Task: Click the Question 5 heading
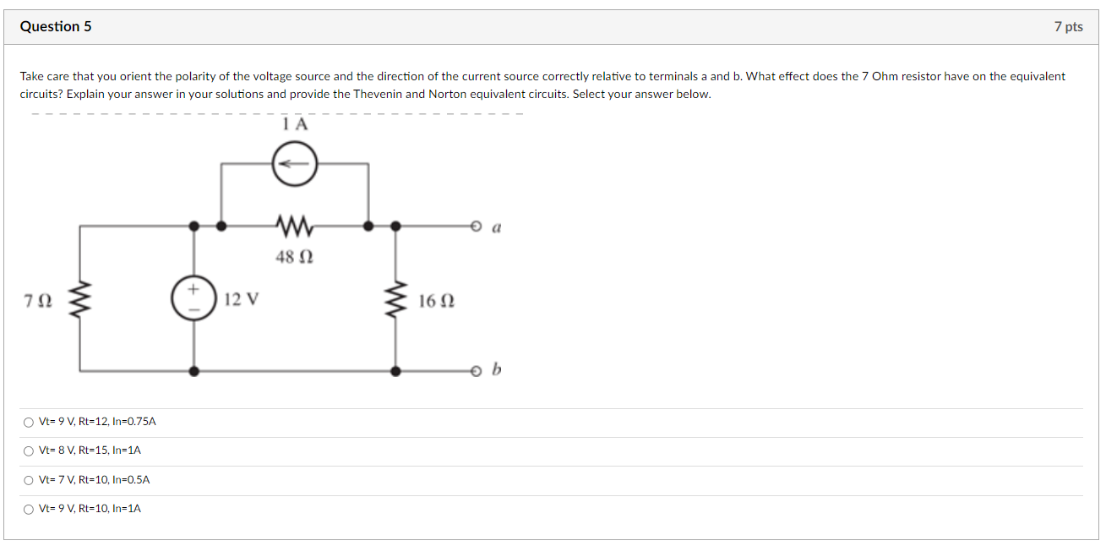tap(56, 27)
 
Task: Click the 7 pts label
tap(1068, 27)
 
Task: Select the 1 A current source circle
tap(294, 163)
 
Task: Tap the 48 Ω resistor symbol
tap(294, 226)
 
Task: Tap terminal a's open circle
tap(477, 227)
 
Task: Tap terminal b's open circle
tap(477, 370)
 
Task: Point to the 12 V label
tap(242, 299)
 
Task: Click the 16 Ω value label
tap(436, 300)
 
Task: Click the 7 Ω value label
tap(40, 300)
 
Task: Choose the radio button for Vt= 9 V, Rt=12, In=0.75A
tap(29, 422)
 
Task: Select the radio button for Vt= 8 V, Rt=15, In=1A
tap(29, 450)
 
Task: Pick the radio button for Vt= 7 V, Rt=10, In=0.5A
tap(29, 480)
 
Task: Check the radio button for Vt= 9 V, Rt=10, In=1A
tap(29, 509)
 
